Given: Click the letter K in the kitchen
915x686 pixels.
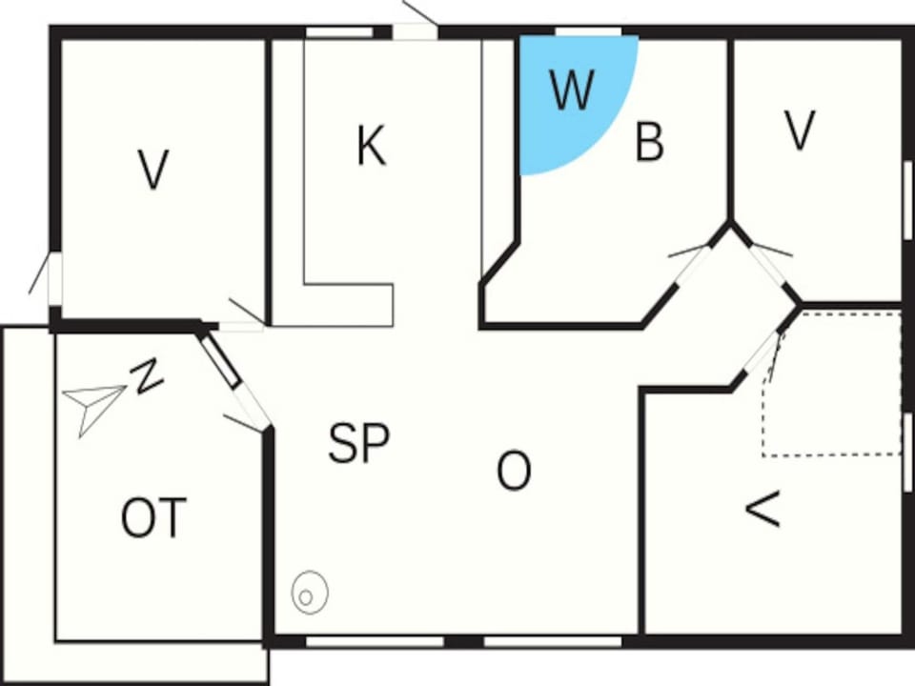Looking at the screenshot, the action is tap(371, 146).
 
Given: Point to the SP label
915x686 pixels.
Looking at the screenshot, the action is tap(358, 443).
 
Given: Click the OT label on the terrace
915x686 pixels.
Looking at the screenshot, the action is tap(154, 517).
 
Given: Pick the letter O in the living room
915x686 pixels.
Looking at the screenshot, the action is tap(514, 471).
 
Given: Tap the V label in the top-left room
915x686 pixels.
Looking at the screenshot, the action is tap(153, 170).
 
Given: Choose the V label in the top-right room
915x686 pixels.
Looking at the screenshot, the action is tap(799, 131).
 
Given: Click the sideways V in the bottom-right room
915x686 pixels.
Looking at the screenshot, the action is tap(763, 509).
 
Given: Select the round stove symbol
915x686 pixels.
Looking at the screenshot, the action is tap(310, 593).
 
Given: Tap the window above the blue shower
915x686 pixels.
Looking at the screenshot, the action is tap(588, 31).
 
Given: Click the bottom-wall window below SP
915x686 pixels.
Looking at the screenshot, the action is tap(376, 641).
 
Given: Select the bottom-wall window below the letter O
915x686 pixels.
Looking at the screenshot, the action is tap(553, 641).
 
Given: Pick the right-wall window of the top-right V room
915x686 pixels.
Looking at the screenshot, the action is tap(909, 200).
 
